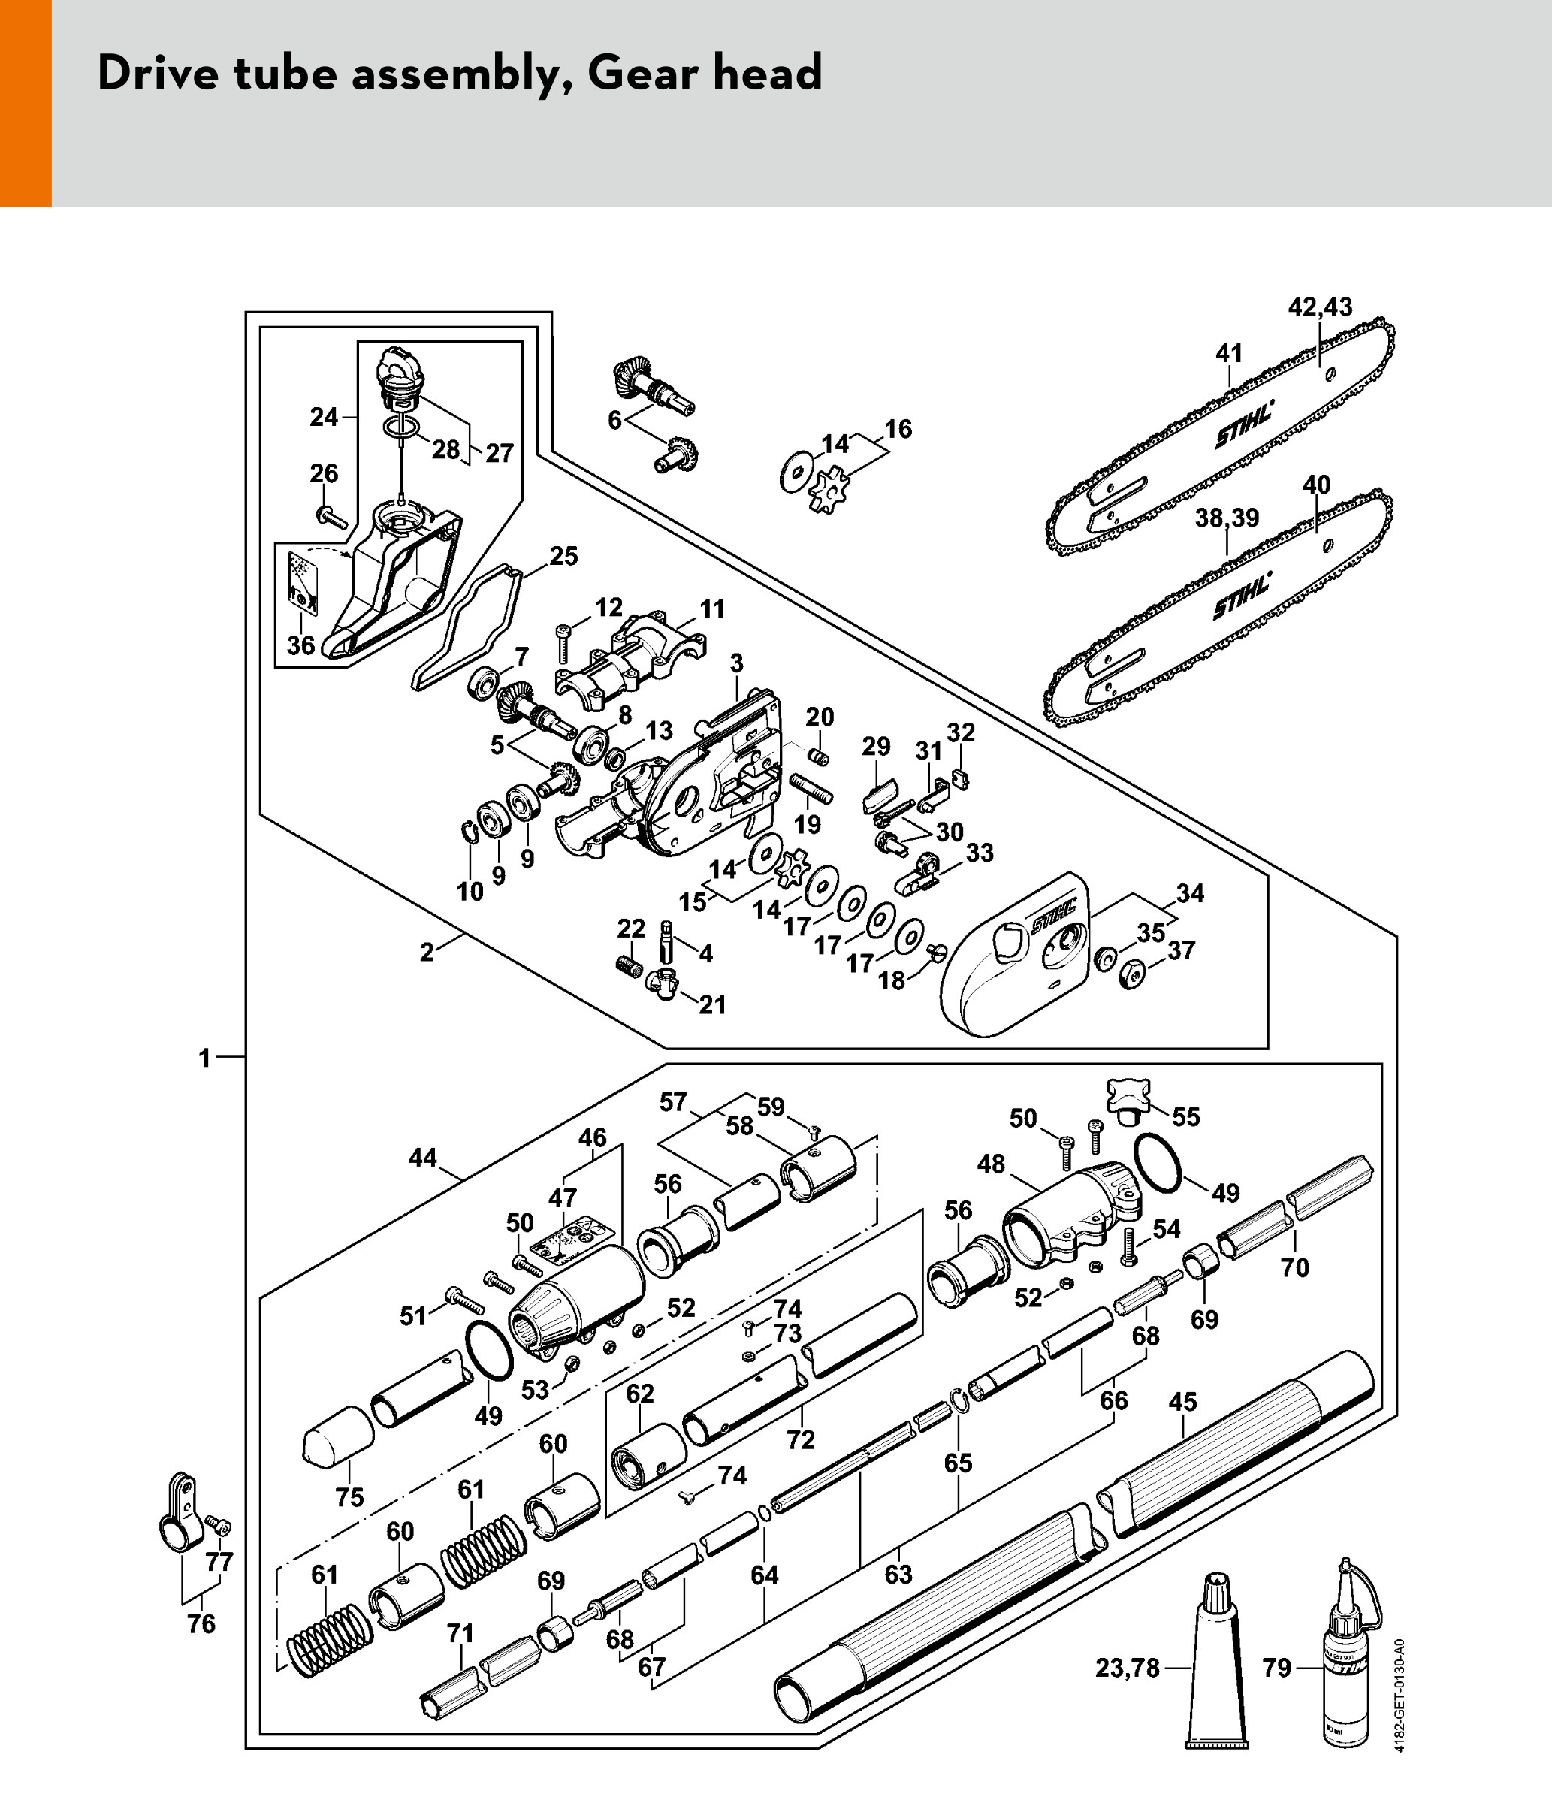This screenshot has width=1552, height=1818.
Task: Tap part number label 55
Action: [x=1185, y=1116]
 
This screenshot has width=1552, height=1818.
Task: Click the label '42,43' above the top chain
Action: [x=1320, y=307]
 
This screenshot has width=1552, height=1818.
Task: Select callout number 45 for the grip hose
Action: [x=1182, y=1402]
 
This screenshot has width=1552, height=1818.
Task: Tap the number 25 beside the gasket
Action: [x=563, y=556]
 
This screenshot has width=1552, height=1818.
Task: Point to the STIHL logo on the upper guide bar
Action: [x=1244, y=424]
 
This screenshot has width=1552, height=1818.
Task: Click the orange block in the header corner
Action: [x=26, y=103]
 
